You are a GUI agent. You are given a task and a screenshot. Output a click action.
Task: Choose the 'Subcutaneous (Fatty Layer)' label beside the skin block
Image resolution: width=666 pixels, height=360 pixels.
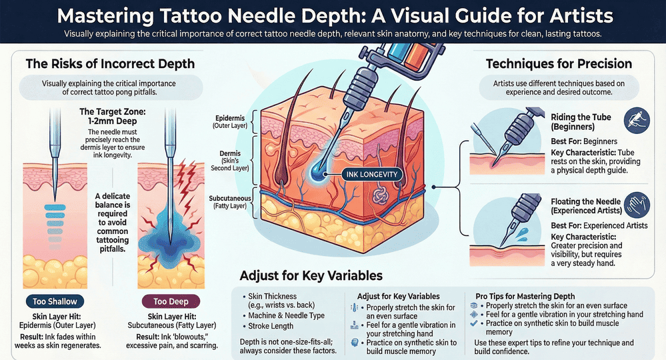228,202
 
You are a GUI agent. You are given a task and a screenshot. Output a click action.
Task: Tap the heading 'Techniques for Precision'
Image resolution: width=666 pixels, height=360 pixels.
559,64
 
